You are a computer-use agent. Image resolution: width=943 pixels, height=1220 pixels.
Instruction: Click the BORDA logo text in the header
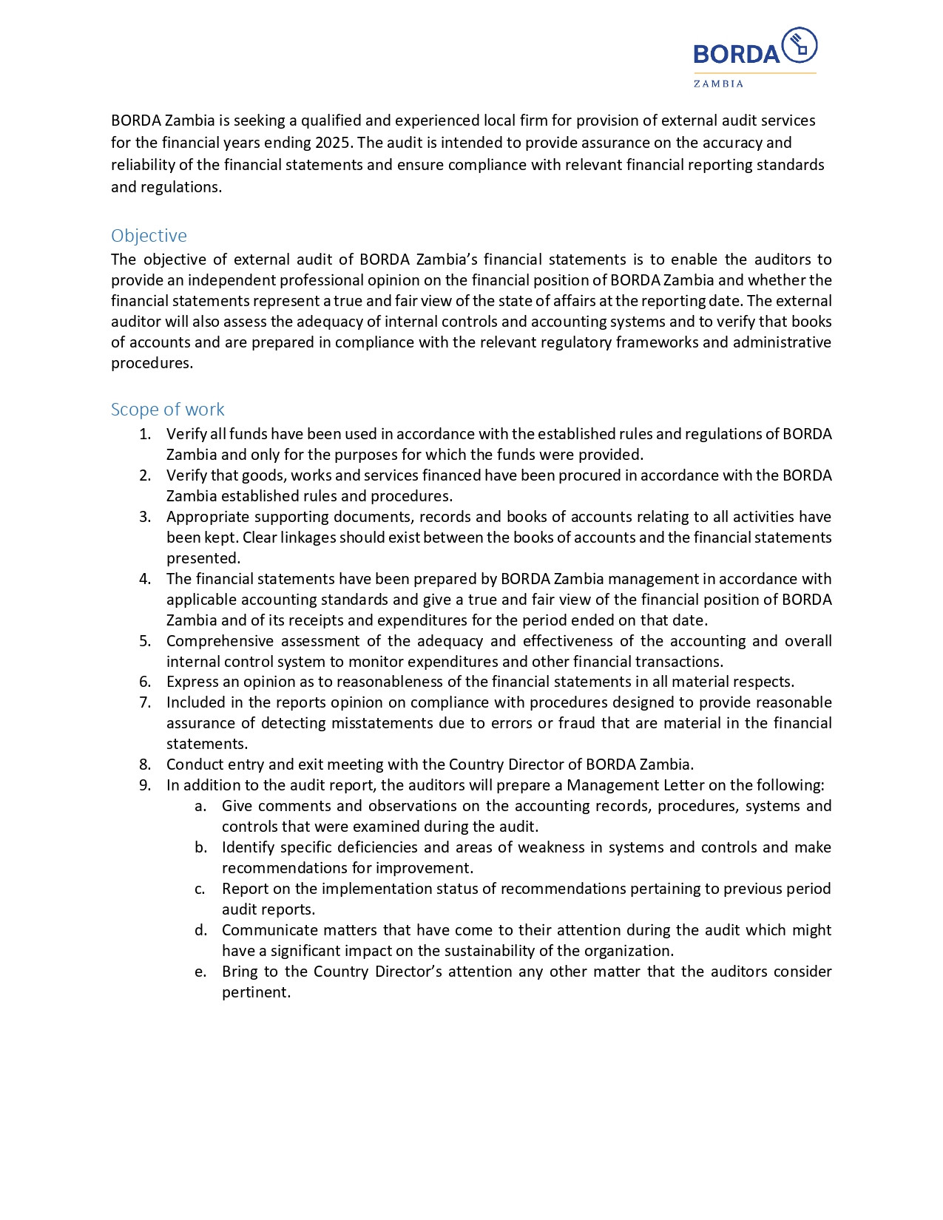736,54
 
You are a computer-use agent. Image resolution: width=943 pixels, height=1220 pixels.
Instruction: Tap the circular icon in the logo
799,45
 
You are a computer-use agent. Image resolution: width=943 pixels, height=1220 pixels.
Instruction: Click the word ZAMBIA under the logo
718,84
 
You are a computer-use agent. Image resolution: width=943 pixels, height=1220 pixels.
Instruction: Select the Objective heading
149,236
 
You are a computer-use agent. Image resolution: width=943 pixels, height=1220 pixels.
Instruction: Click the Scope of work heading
167,410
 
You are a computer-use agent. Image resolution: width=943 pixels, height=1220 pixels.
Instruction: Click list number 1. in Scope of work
145,434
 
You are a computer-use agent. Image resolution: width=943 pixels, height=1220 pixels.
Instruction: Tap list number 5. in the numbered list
145,641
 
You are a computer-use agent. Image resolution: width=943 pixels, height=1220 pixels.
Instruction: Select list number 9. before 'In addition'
145,785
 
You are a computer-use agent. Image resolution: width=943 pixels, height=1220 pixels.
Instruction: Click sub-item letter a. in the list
200,806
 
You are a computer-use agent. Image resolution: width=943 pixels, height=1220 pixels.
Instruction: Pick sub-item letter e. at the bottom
200,972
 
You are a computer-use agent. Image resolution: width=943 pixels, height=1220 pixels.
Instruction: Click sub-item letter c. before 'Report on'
200,889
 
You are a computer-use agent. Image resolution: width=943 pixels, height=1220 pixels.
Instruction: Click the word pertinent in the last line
256,992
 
